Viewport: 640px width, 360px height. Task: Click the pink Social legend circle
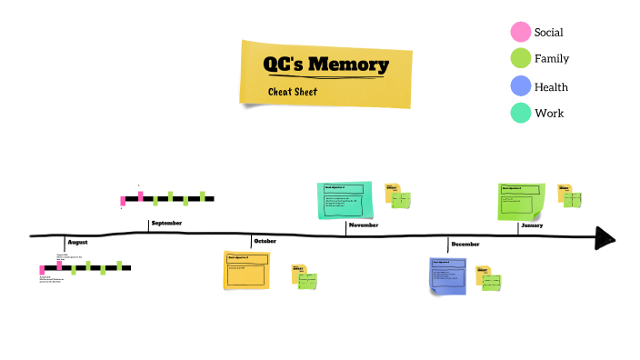coord(521,32)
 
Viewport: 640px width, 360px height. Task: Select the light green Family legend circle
coord(521,59)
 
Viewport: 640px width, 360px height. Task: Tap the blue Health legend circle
coord(521,86)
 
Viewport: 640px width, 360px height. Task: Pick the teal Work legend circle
coord(521,113)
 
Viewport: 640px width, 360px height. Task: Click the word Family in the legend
coord(552,59)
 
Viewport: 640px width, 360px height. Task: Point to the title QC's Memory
coord(325,65)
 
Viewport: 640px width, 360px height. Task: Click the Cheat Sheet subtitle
coord(293,92)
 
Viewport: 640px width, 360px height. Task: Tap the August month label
coord(78,243)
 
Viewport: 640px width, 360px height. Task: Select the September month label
coord(166,224)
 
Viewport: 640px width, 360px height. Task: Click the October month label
coord(265,241)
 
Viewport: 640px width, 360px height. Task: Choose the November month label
coord(364,225)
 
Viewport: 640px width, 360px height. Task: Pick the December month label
coord(465,244)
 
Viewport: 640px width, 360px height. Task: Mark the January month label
coord(532,225)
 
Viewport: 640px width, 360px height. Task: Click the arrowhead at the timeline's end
coord(605,239)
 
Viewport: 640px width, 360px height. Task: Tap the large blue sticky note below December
coord(448,275)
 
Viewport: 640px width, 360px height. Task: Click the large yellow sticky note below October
coord(247,270)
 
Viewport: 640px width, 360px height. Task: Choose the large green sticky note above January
coord(522,201)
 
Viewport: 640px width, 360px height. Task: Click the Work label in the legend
coord(549,114)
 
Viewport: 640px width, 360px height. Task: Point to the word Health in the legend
coord(551,87)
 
